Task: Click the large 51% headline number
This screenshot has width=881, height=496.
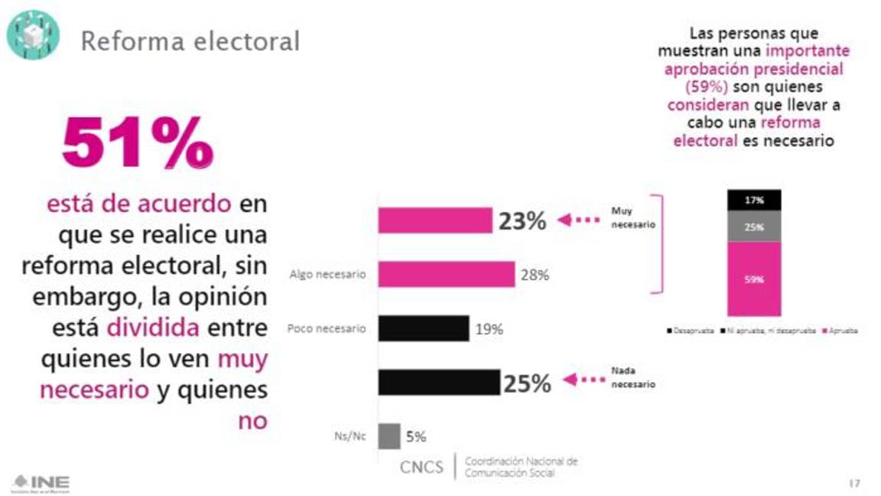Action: click(x=138, y=143)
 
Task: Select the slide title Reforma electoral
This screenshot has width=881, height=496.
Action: click(x=190, y=41)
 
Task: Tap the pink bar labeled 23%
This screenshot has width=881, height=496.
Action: click(x=435, y=220)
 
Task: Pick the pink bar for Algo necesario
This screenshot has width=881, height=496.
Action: click(x=447, y=274)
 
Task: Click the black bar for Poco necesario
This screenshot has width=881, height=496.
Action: click(x=424, y=328)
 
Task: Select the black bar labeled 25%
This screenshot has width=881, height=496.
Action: click(x=439, y=382)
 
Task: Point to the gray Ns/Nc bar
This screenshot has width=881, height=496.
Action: click(x=389, y=436)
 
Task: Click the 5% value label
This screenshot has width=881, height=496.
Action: click(x=415, y=437)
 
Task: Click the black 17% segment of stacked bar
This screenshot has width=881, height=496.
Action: click(x=753, y=200)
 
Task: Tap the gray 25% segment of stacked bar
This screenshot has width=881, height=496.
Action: click(x=753, y=226)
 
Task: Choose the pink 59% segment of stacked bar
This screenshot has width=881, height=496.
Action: click(x=753, y=279)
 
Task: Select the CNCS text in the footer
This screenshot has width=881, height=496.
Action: click(x=421, y=466)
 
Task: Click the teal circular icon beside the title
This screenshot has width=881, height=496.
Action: click(x=32, y=34)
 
